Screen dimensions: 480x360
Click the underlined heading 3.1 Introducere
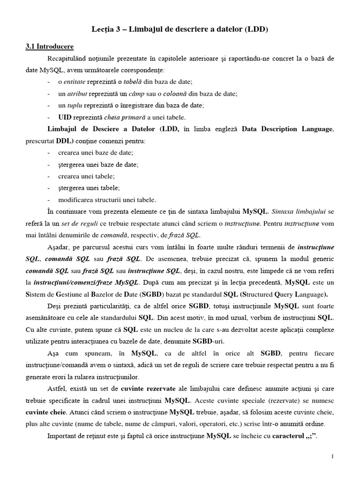tap(49, 47)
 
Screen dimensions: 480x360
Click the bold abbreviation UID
tap(65, 117)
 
